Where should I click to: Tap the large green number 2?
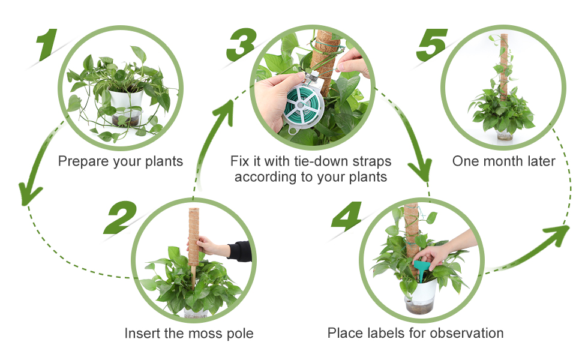pyautogui.click(x=122, y=217)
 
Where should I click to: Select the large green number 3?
pyautogui.click(x=243, y=44)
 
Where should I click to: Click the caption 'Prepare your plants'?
pyautogui.click(x=121, y=161)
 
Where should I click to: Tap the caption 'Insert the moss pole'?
pyautogui.click(x=189, y=333)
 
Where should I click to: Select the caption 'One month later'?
pyautogui.click(x=504, y=161)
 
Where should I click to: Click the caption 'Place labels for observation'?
pyautogui.click(x=415, y=333)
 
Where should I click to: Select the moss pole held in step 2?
pyautogui.click(x=193, y=240)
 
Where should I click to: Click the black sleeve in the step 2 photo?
pyautogui.click(x=241, y=251)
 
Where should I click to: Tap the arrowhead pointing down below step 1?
pyautogui.click(x=29, y=193)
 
